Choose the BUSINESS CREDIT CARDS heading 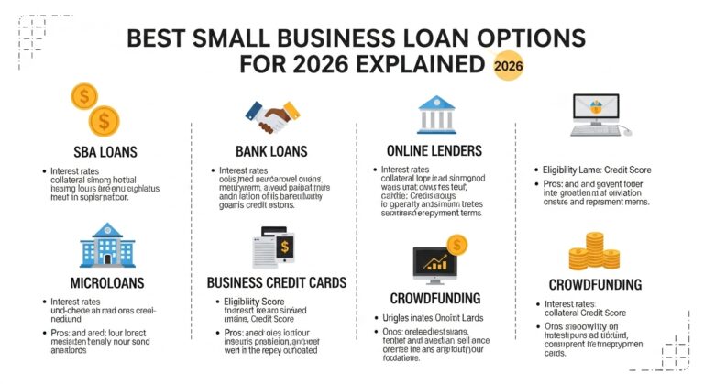click(x=276, y=282)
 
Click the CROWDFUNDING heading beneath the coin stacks click(x=596, y=284)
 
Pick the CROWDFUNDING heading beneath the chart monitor click(x=435, y=298)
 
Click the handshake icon click(x=267, y=115)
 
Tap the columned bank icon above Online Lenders click(x=437, y=115)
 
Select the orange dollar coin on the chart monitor click(x=456, y=244)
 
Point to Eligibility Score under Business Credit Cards click(x=258, y=301)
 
